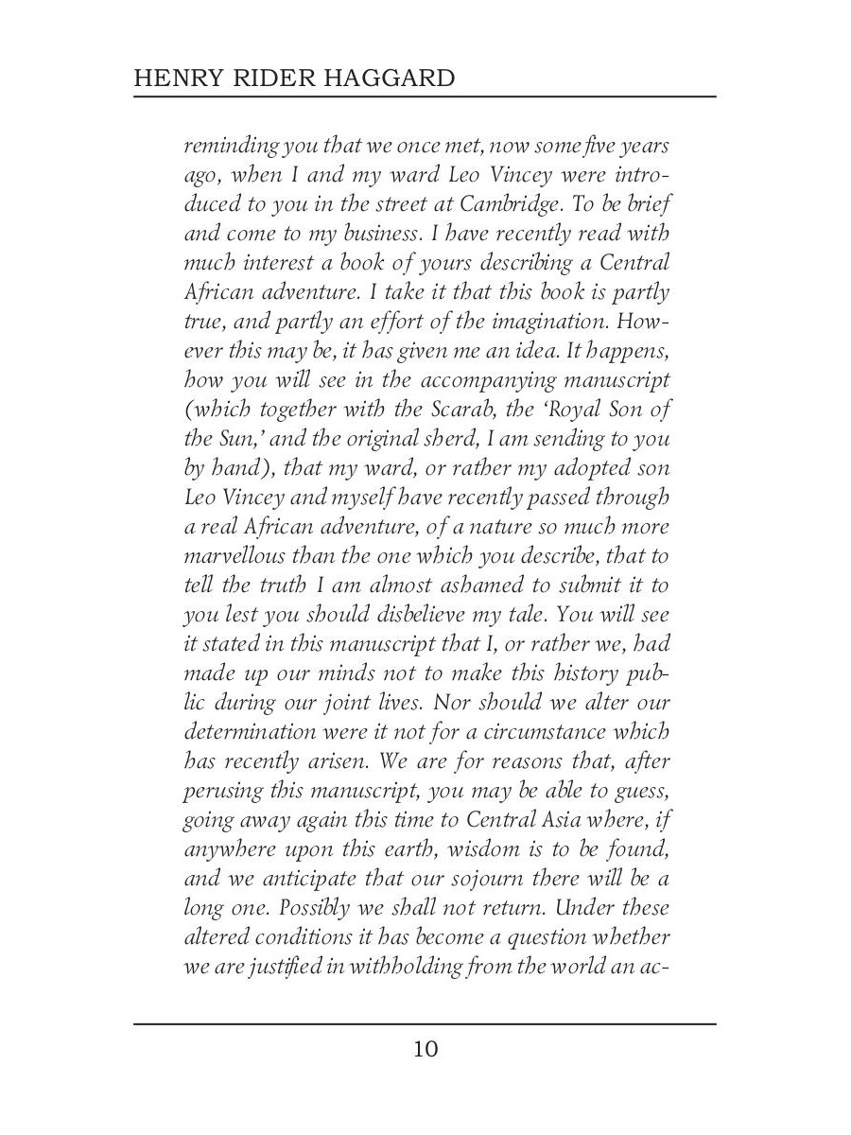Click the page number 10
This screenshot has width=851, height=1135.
point(425,1049)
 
